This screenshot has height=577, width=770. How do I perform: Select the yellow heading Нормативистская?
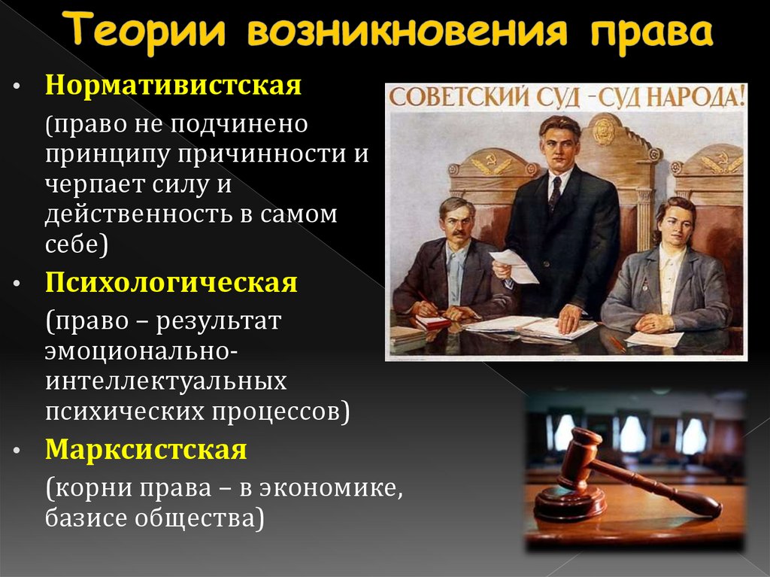[x=173, y=84]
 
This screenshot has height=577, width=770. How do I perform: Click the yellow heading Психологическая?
[x=171, y=284]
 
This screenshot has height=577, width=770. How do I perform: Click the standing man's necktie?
[x=555, y=193]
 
